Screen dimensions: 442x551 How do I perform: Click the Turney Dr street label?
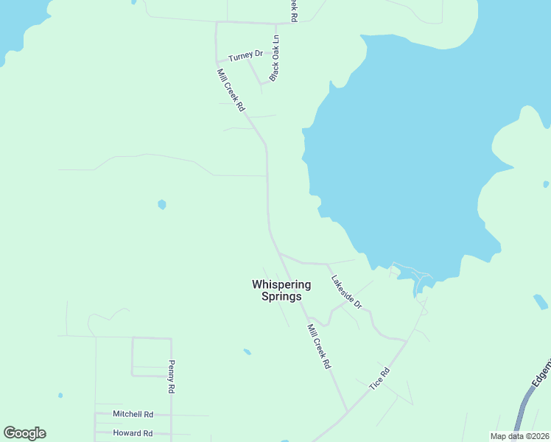[245, 56]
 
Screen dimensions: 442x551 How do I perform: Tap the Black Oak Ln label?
[275, 57]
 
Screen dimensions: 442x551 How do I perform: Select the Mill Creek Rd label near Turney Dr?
[231, 90]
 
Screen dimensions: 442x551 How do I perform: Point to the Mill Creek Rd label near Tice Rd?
[319, 346]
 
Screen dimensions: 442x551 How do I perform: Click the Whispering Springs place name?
[281, 290]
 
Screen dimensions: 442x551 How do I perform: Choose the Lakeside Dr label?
[346, 292]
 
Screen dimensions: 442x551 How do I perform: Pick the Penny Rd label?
[171, 376]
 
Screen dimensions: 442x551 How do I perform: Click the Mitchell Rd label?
[133, 415]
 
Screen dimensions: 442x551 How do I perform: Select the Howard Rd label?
[133, 433]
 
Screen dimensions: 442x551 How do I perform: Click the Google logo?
[24, 433]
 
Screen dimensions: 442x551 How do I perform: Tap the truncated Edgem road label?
[541, 374]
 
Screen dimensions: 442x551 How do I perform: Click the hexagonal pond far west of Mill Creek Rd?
[161, 204]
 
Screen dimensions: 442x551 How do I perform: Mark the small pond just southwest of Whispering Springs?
[247, 351]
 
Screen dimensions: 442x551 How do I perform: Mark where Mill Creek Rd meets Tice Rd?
[347, 412]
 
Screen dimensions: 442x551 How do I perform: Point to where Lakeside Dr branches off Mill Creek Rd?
[279, 253]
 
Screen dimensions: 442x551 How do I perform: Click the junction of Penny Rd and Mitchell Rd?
[171, 415]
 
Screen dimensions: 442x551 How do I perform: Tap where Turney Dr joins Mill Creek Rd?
[216, 62]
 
